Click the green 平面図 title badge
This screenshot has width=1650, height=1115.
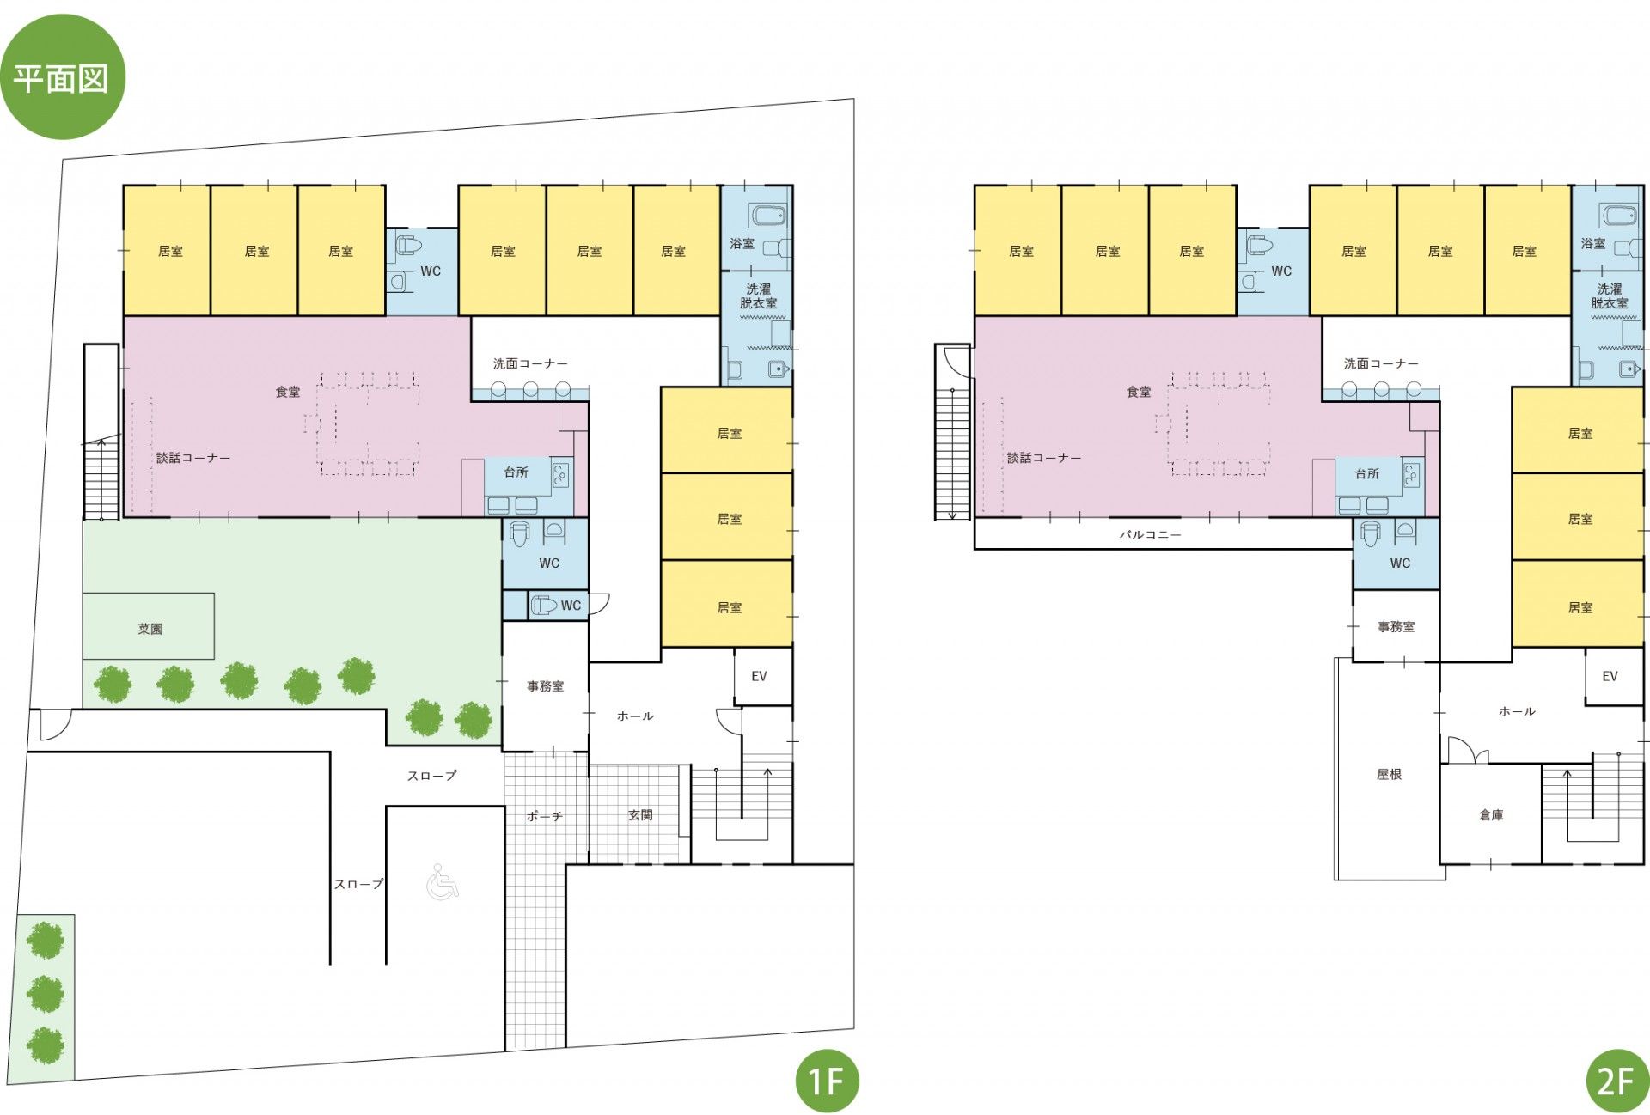click(63, 77)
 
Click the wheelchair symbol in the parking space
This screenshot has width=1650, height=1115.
click(443, 882)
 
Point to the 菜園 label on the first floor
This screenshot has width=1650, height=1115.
click(150, 629)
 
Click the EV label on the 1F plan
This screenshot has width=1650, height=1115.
click(759, 676)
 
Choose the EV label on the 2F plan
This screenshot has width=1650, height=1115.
click(1610, 676)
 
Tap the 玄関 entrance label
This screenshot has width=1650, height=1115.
click(640, 814)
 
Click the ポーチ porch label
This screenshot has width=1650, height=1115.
click(545, 816)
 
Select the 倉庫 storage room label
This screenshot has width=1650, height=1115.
click(1491, 814)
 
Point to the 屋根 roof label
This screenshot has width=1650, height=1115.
click(1389, 774)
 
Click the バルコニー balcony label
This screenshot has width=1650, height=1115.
click(1150, 534)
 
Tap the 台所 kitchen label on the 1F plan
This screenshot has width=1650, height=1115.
click(516, 472)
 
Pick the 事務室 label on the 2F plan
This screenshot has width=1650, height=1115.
click(1396, 627)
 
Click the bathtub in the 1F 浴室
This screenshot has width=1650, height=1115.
click(767, 215)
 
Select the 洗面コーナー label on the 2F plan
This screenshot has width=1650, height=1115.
click(1381, 363)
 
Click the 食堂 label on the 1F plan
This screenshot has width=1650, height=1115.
click(288, 392)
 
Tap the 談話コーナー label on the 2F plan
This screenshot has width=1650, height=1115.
click(1044, 458)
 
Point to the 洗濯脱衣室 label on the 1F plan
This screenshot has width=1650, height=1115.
click(758, 296)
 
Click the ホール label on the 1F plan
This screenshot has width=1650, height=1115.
click(635, 716)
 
